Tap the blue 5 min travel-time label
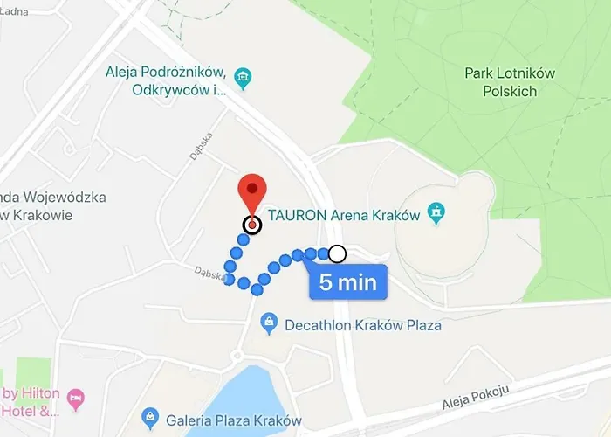348,282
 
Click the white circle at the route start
337,254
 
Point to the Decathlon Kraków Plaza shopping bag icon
270,324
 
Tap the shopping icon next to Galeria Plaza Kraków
149,416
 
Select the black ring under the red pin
252,225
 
